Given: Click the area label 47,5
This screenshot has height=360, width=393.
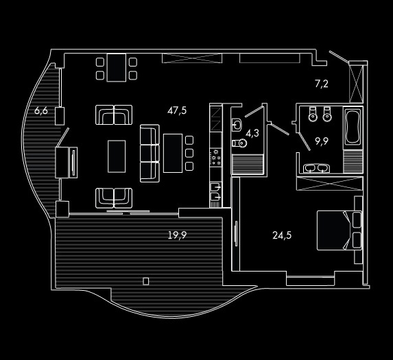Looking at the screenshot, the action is [177, 110].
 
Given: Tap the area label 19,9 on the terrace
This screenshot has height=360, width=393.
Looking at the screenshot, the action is [177, 235].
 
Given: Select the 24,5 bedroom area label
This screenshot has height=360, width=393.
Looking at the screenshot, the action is [282, 235].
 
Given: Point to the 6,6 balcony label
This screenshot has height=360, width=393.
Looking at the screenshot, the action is [41, 110].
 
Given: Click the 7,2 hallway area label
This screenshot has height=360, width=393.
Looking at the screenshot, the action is [322, 84].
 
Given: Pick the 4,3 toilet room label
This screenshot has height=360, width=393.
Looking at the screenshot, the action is [252, 133].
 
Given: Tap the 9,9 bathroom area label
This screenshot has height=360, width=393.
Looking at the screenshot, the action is [322, 141].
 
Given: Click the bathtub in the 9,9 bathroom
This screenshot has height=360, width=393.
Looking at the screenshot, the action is [353, 127].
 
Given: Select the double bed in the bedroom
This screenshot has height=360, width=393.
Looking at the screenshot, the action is [339, 230].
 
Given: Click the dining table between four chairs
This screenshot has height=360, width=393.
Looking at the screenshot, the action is [117, 68].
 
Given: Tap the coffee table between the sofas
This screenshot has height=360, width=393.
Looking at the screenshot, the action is [117, 156].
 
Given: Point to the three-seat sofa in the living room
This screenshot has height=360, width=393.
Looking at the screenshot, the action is [150, 154].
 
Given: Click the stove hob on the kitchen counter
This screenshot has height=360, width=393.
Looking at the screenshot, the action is [216, 157].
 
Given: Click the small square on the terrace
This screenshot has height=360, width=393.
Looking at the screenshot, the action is [146, 282].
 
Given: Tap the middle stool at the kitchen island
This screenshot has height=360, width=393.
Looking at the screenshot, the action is [189, 153].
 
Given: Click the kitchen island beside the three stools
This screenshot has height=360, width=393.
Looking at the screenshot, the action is [173, 154].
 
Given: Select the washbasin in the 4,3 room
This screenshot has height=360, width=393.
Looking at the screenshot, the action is [237, 125].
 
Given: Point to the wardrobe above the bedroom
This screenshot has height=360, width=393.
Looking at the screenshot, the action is [330, 184].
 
